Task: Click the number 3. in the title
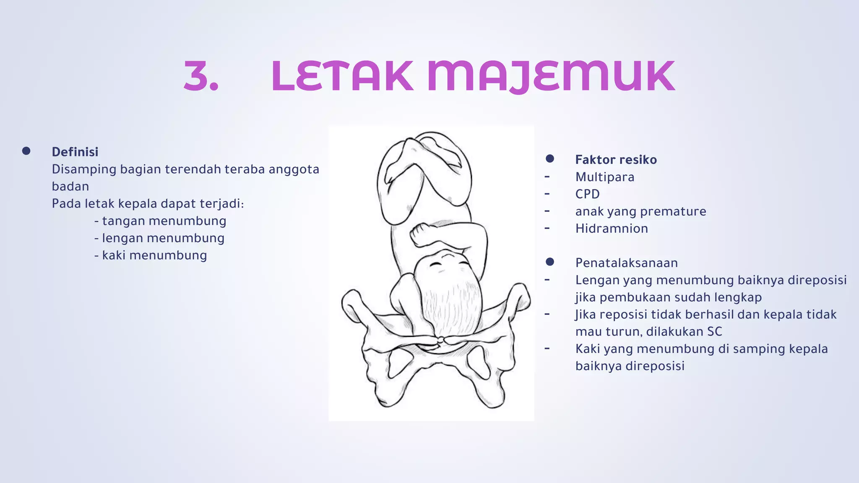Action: pos(201,76)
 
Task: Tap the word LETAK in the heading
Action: pos(342,76)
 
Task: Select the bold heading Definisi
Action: pos(75,152)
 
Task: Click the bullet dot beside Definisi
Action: pos(26,151)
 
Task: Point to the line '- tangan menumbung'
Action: pos(160,221)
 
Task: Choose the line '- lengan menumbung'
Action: pos(159,238)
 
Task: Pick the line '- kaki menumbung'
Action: pos(151,255)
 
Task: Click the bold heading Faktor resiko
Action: pos(616,159)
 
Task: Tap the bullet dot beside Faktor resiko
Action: pos(550,158)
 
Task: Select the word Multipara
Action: pos(604,177)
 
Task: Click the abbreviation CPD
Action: pos(587,194)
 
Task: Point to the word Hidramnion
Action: pos(612,229)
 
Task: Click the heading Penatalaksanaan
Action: pos(626,263)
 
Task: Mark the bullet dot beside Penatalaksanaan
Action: pos(550,262)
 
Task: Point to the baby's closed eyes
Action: pos(450,263)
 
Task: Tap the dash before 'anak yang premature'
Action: pos(547,211)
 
